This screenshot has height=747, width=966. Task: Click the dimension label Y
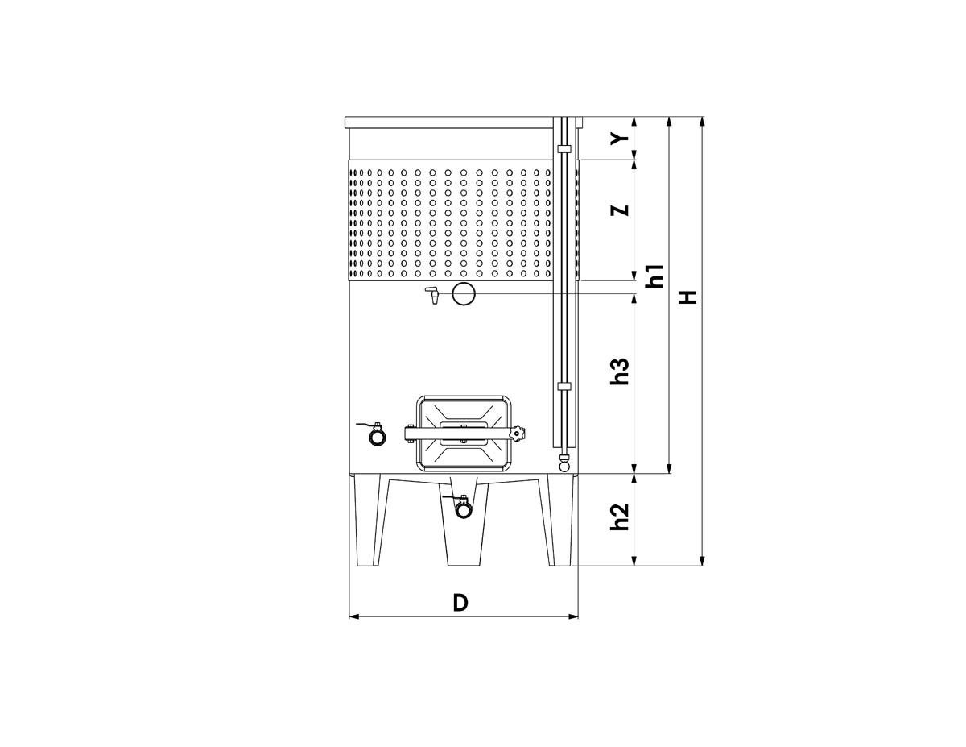620,138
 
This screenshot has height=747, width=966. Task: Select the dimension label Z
620,210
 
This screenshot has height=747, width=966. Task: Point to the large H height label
687,297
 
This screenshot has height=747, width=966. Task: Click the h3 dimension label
620,371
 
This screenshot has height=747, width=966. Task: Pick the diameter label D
460,603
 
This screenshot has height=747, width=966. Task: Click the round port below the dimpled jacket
464,293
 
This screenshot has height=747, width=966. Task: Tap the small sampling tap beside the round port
432,294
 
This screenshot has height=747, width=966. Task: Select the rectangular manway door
463,433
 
